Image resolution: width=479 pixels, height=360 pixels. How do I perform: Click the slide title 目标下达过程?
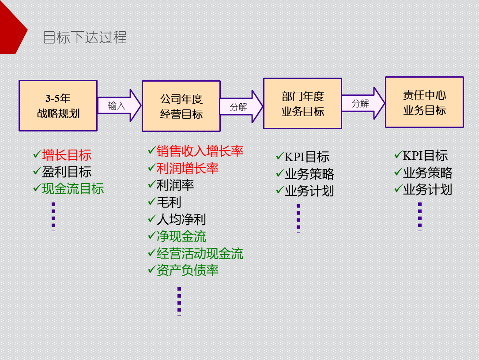pyautogui.click(x=85, y=37)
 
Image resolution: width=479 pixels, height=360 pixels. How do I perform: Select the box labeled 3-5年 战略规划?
pyautogui.click(x=58, y=106)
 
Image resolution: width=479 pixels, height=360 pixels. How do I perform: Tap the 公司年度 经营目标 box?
pyautogui.click(x=181, y=106)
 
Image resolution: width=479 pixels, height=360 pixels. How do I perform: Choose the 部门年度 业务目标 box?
pyautogui.click(x=302, y=104)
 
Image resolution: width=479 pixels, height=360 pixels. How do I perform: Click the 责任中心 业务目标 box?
pyautogui.click(x=424, y=102)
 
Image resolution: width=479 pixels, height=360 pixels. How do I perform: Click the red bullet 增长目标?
pyautogui.click(x=67, y=155)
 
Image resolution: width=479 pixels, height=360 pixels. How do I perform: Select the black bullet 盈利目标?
pyautogui.click(x=67, y=172)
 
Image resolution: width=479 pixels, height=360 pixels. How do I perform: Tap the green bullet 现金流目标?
pyautogui.click(x=73, y=188)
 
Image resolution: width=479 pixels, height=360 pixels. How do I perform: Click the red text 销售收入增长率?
pyautogui.click(x=200, y=151)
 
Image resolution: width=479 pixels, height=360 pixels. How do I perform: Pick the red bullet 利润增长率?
pyautogui.click(x=188, y=168)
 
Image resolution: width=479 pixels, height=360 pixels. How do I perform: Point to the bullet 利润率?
pyautogui.click(x=175, y=185)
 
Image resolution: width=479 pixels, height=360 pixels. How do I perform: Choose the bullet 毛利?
pyautogui.click(x=169, y=202)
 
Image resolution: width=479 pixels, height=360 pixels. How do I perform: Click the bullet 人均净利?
pyautogui.click(x=181, y=219)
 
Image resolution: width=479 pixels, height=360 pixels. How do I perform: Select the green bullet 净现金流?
pyautogui.click(x=181, y=236)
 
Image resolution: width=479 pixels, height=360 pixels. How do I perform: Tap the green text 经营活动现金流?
pyautogui.click(x=200, y=253)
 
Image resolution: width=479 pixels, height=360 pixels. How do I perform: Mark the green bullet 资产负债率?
pyautogui.click(x=188, y=270)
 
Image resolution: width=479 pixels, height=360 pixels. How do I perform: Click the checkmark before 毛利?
pyautogui.click(x=151, y=202)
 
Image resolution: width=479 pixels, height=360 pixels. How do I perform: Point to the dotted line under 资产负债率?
pyautogui.click(x=179, y=301)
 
